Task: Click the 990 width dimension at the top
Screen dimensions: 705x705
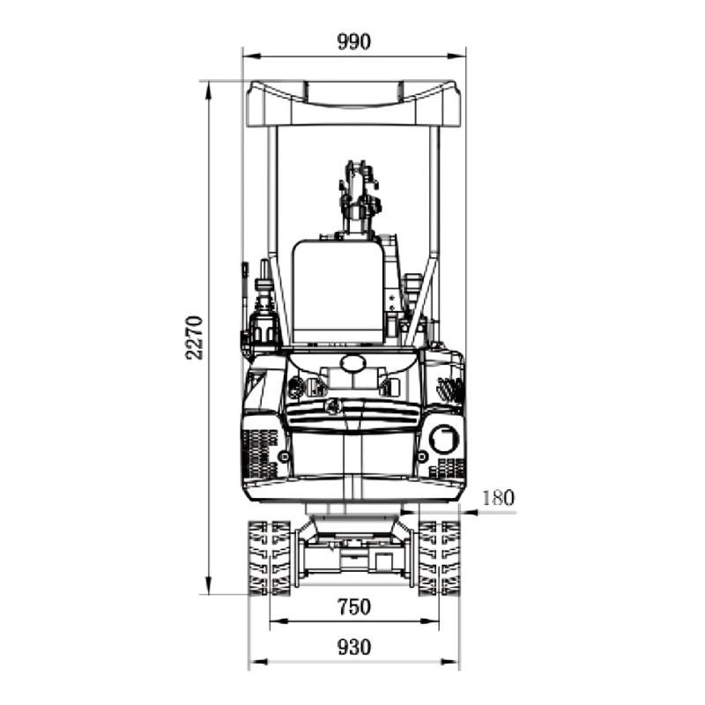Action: pyautogui.click(x=354, y=41)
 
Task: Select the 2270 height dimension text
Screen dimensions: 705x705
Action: pyautogui.click(x=194, y=338)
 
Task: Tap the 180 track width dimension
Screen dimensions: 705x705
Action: pyautogui.click(x=498, y=498)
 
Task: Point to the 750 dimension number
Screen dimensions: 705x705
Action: pyautogui.click(x=354, y=607)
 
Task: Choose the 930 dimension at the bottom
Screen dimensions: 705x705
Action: pyautogui.click(x=354, y=648)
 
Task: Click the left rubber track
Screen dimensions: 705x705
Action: pyautogui.click(x=269, y=558)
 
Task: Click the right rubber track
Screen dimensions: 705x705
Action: pyautogui.click(x=439, y=558)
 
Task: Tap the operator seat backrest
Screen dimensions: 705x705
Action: pyautogui.click(x=338, y=293)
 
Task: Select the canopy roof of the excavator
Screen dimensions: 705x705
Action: pyautogui.click(x=354, y=104)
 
